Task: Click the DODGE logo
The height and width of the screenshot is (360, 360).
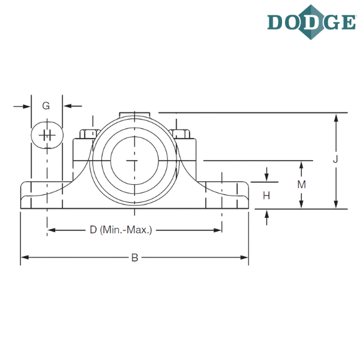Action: coord(310,22)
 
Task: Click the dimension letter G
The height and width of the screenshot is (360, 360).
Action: coord(46,106)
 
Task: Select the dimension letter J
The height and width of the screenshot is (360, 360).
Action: coord(336,159)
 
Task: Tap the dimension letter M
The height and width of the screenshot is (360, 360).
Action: coord(302,185)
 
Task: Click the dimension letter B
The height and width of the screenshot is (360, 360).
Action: coord(134,258)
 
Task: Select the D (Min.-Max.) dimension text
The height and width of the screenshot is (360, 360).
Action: coord(121,230)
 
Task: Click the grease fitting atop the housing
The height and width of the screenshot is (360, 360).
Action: coord(134,113)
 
